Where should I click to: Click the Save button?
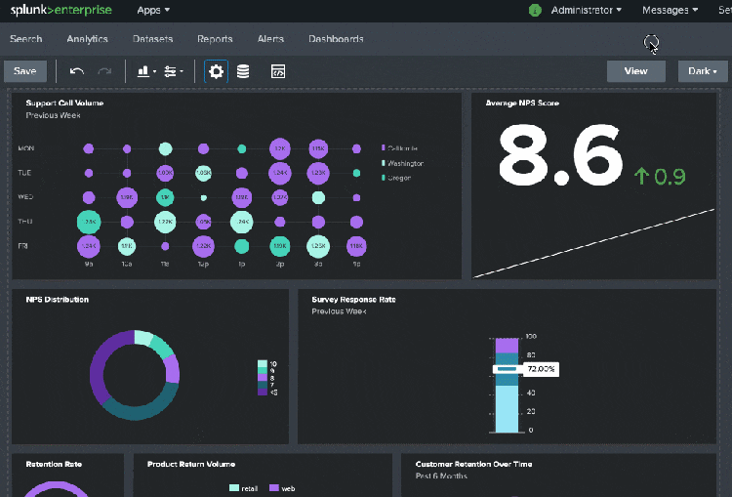[x=24, y=71]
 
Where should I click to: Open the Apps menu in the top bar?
[x=153, y=10]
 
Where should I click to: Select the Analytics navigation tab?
[x=87, y=39]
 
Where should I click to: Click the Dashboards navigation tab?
[x=336, y=39]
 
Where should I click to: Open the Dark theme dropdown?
[x=703, y=71]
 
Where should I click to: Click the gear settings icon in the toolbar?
[x=216, y=71]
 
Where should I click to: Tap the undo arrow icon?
[x=77, y=71]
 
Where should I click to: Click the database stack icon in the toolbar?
[x=243, y=71]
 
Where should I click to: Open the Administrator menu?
[x=586, y=10]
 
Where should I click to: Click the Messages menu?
[x=670, y=10]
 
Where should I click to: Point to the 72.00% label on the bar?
[x=540, y=369]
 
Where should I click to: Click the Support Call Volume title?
[x=64, y=103]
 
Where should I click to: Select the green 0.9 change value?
[x=660, y=177]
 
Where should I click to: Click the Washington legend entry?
[x=405, y=163]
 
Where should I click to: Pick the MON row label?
[x=26, y=148]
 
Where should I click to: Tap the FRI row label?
[x=23, y=246]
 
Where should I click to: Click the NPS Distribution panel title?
[x=58, y=300]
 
